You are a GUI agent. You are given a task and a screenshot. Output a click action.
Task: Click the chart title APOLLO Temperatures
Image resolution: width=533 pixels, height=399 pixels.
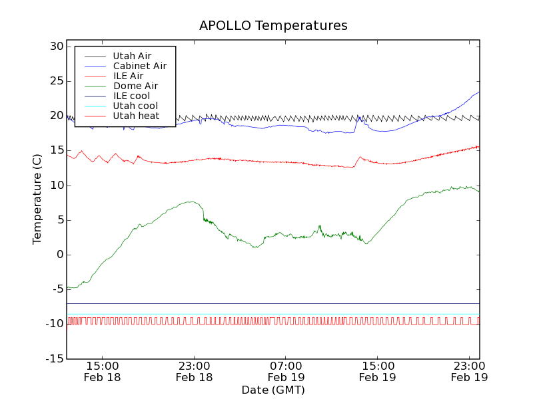(x=273, y=26)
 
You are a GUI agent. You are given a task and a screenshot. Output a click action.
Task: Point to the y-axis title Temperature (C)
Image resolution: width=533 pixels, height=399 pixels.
(x=38, y=199)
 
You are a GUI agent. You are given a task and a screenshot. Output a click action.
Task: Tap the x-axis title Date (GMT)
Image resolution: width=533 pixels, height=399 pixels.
(x=273, y=390)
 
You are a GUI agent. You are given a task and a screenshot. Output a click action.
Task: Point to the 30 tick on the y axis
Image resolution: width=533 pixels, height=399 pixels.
(x=55, y=47)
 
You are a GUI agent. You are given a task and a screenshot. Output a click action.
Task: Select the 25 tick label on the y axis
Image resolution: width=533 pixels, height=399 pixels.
(x=55, y=81)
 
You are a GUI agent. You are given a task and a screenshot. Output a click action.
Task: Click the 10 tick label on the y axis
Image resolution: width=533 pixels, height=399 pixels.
(x=55, y=185)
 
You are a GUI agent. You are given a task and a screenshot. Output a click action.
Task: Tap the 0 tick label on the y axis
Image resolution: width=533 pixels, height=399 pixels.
(x=59, y=255)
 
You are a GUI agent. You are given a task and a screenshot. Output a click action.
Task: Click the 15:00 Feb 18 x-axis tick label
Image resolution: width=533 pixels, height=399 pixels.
(x=103, y=371)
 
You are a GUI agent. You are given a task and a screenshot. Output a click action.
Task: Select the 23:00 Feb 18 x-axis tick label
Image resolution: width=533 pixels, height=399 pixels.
(x=194, y=371)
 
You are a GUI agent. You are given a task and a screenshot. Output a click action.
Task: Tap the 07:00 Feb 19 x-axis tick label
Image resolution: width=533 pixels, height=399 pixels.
(x=286, y=371)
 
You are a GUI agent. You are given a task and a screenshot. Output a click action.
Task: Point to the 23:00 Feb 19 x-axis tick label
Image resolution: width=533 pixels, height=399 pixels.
(x=470, y=371)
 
